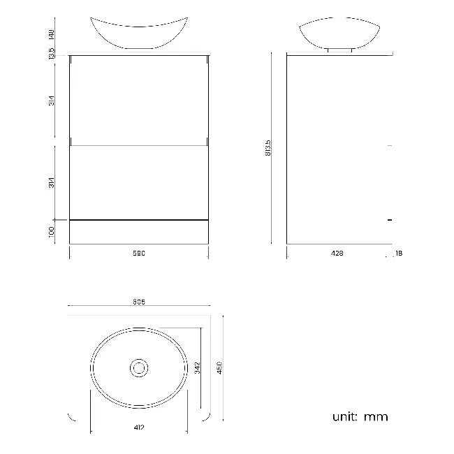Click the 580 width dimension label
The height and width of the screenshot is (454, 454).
(x=138, y=254)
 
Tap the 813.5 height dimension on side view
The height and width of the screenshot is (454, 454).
(x=268, y=148)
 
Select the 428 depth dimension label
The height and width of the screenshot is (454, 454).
(x=338, y=254)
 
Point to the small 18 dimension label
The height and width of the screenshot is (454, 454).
(x=398, y=254)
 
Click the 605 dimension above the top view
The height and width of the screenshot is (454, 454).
(x=138, y=302)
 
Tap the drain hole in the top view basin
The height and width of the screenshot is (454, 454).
(x=140, y=367)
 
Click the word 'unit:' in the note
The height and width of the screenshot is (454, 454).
(x=345, y=417)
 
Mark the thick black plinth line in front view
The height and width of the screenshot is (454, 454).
(x=138, y=220)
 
